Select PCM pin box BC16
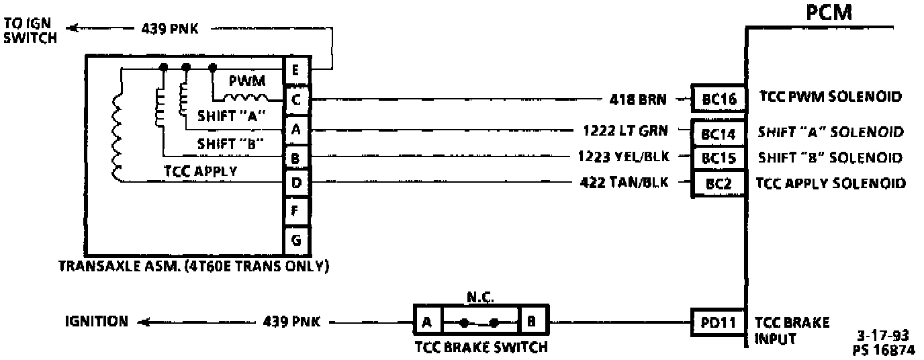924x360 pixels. coord(719,99)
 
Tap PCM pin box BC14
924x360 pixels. coord(719,132)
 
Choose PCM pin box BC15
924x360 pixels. coord(719,158)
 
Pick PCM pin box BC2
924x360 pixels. coord(719,183)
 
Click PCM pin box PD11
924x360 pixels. coord(719,322)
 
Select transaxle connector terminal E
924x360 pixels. coord(296,70)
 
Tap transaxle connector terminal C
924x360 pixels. coord(296,99)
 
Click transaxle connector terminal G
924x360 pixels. coord(296,239)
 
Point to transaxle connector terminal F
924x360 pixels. coord(296,211)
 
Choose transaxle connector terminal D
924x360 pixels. coord(296,182)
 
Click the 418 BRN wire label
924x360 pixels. coord(637,99)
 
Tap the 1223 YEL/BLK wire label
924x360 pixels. coord(621,157)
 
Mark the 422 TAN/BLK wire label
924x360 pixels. coord(625,182)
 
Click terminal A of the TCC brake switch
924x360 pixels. coord(427,322)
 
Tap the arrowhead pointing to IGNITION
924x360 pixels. coord(142,322)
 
